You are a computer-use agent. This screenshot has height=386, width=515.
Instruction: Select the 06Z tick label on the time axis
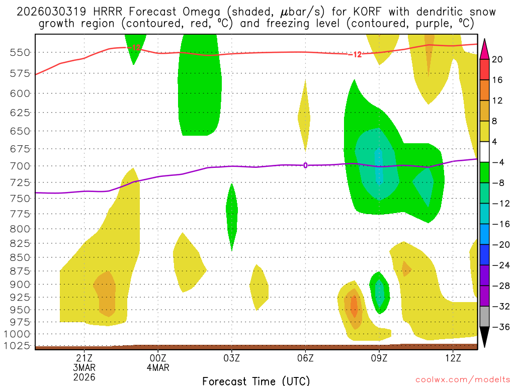point(305,358)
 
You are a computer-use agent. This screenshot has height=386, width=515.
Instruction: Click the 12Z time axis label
point(453,358)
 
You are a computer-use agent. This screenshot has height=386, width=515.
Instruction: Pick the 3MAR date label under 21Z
point(84,367)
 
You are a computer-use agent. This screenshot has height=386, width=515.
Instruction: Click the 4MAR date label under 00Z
point(158,367)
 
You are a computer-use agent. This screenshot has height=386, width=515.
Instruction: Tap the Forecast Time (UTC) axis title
point(256,380)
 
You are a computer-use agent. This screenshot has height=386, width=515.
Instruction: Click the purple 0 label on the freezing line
point(305,165)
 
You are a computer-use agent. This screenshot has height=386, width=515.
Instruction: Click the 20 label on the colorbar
point(498,59)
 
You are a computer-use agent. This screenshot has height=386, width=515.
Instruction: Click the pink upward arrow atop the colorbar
point(485,48)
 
